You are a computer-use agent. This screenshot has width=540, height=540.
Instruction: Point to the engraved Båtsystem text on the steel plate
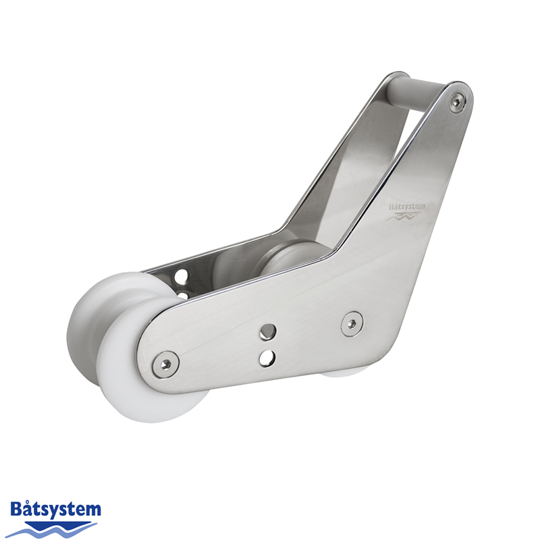[x=407, y=207]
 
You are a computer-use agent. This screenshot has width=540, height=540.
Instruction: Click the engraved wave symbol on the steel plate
[x=404, y=217]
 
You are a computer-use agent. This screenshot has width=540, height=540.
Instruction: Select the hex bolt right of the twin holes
[x=352, y=323]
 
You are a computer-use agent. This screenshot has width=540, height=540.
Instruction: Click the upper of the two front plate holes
[x=268, y=331]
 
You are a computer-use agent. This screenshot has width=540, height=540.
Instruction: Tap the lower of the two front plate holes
[x=267, y=358]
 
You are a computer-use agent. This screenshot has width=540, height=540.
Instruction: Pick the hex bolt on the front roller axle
[x=166, y=364]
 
